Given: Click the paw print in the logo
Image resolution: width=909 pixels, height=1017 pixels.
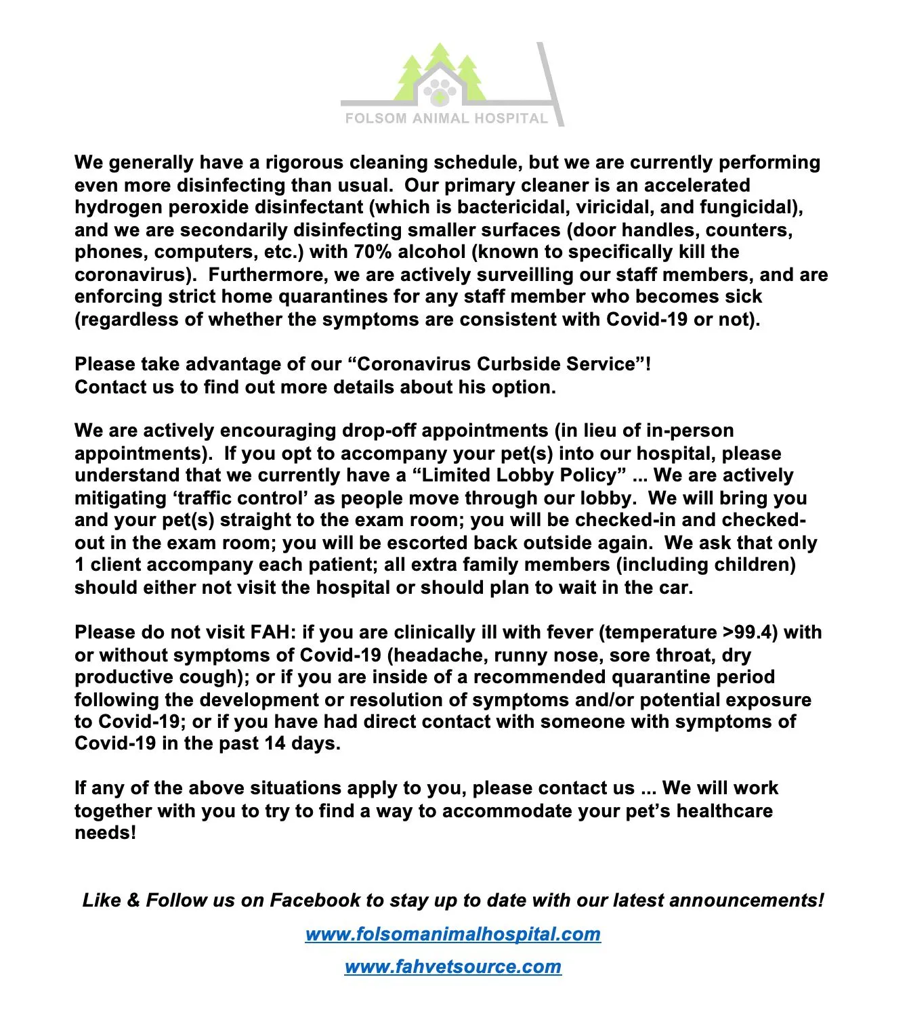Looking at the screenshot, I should [440, 91].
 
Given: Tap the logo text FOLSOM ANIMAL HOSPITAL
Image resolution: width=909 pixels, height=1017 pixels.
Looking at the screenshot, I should [446, 118].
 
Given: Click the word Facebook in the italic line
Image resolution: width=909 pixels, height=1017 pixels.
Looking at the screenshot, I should [315, 901].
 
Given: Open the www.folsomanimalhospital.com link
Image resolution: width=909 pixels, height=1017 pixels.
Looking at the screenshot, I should [452, 934].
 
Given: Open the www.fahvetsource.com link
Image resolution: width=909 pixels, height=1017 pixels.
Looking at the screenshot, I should [452, 967].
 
